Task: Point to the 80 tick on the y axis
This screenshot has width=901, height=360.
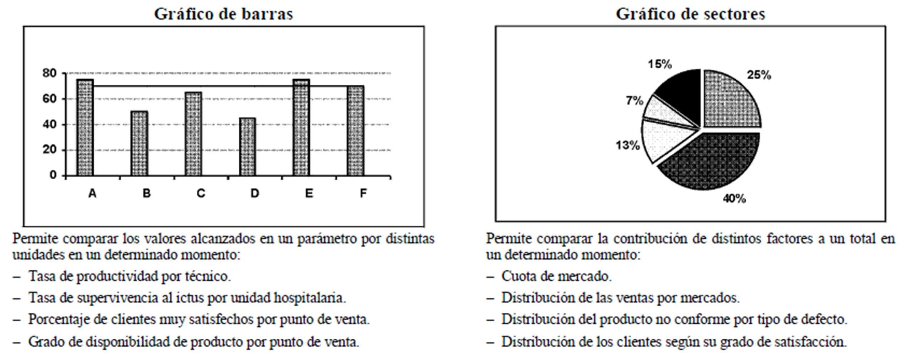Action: [49, 73]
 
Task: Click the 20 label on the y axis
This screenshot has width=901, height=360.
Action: [49, 150]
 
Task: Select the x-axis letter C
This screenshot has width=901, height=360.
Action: [201, 193]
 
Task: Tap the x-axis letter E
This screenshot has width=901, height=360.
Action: [309, 193]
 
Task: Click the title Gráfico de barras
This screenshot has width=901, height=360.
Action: [223, 14]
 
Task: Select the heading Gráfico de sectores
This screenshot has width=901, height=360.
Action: [690, 14]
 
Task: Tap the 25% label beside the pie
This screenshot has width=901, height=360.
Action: [759, 75]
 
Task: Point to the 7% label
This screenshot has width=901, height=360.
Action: [635, 101]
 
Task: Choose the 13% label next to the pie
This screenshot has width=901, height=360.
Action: [628, 145]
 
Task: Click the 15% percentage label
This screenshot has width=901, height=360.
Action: [660, 64]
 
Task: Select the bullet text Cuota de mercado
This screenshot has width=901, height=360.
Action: [556, 276]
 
